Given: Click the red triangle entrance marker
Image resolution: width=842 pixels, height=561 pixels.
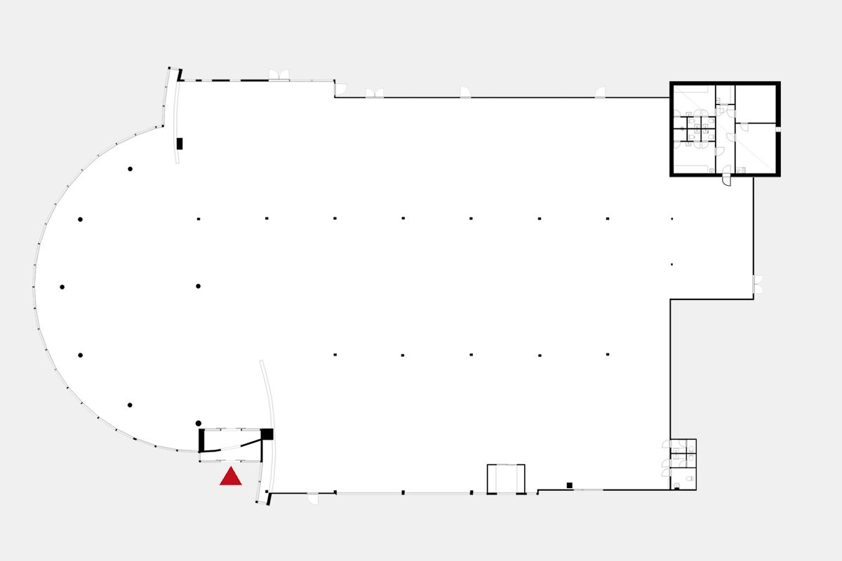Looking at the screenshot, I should point(231,478).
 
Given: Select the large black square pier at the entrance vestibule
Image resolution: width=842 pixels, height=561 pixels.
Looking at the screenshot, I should point(267,434).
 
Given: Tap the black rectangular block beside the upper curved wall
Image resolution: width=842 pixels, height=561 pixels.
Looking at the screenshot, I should point(180,144).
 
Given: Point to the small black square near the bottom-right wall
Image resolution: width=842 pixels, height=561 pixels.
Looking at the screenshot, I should point(570,485).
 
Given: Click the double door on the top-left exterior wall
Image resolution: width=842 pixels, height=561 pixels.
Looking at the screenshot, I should point(279,75).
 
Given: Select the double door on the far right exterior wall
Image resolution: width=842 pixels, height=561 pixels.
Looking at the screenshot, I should point(758,285).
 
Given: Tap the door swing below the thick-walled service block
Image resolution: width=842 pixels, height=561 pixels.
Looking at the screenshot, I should point(727,180).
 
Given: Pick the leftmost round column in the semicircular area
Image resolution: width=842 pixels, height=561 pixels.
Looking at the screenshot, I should point(62,287).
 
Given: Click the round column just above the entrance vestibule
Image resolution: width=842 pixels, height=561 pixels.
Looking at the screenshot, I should point(199,423).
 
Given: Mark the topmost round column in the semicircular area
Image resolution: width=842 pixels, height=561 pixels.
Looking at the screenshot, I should point(130,169).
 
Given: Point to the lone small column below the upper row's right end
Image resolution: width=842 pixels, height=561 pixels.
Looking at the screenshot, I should point(671,264).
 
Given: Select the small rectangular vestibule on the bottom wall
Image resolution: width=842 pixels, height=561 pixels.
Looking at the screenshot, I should point(506,479).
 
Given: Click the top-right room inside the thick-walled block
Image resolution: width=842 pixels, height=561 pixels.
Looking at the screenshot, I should point(756,103).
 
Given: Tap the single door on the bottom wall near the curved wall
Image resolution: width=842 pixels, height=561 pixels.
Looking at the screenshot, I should point(313,499).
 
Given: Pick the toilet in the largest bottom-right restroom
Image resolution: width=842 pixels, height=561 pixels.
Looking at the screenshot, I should point(690,478).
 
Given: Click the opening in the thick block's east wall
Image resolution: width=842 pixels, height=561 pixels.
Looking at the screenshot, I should point(777,129).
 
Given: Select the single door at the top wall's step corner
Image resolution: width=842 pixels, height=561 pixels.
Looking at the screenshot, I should point(340,89).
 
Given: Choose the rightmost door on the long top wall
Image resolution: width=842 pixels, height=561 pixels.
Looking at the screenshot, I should point(600,93).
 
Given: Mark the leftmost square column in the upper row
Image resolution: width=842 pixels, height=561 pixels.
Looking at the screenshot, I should point(199,219).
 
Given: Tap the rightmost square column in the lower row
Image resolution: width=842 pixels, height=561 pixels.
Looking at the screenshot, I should point(608,355).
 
